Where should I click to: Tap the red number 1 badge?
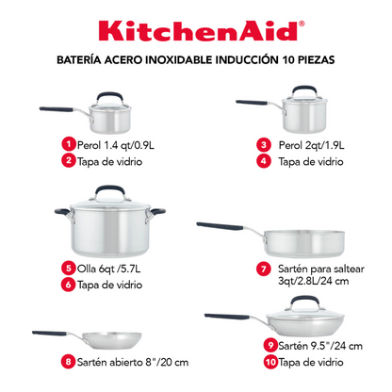coord(68,144)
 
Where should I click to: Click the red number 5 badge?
coord(68,267)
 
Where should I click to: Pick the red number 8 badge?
coord(68,360)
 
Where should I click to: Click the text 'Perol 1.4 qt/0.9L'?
coord(120,144)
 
